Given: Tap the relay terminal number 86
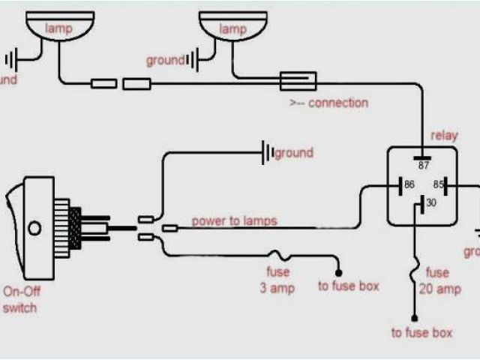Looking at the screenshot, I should pos(409,184).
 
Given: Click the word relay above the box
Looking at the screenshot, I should pos(443,136).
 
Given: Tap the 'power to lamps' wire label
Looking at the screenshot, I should pos(234,221).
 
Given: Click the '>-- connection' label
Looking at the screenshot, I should pos(328,103).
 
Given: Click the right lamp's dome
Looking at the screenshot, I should pos(232,29).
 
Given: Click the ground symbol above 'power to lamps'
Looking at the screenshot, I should pos(266,154).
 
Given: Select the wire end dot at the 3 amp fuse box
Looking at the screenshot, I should pos(338,271).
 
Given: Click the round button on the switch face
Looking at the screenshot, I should pos(32,226).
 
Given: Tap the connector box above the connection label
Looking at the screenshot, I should pos(298,80).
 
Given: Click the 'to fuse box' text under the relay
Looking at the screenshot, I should pos(421,333).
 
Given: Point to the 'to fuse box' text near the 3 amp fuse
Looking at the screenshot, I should pos(348,286).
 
